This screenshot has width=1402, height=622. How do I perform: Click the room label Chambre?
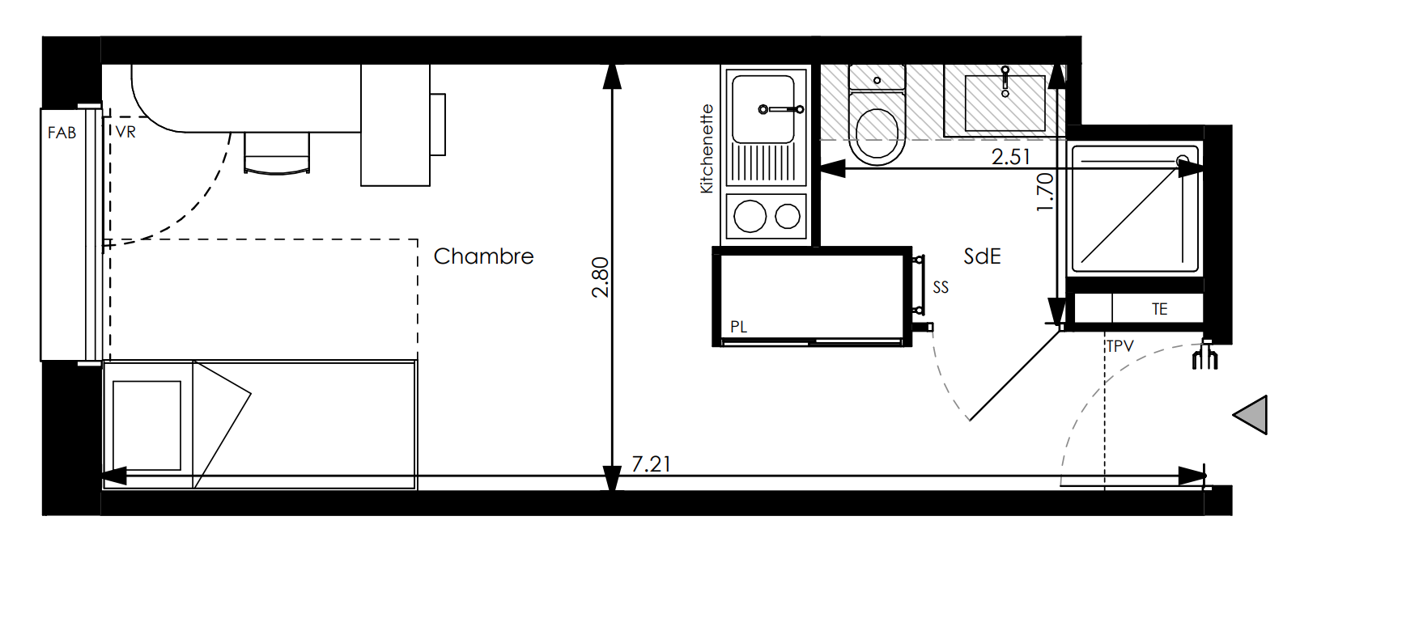click(x=483, y=256)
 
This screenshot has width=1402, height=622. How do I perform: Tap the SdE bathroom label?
click(x=982, y=256)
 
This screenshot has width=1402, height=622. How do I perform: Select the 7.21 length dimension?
click(x=652, y=464)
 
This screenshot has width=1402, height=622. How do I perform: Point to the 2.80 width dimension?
click(x=600, y=277)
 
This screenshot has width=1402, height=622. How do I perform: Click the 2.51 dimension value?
click(x=1011, y=156)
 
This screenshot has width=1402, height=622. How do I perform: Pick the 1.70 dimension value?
click(x=1045, y=192)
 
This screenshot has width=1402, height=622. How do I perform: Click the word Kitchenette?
click(x=707, y=149)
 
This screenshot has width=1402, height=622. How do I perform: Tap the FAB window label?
click(x=62, y=133)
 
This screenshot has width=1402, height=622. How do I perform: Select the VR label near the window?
click(x=125, y=132)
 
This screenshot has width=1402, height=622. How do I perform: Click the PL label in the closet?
click(x=738, y=327)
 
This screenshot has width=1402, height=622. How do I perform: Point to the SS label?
click(x=941, y=287)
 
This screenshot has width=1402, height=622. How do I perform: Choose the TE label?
click(x=1160, y=309)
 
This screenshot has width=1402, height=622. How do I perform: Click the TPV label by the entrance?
click(x=1120, y=346)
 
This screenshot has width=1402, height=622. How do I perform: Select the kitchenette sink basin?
click(x=763, y=109)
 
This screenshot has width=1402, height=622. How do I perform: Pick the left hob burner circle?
click(x=750, y=217)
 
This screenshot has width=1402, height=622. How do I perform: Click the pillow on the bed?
click(x=147, y=425)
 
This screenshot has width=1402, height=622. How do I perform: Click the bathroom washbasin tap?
click(x=1005, y=81)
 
